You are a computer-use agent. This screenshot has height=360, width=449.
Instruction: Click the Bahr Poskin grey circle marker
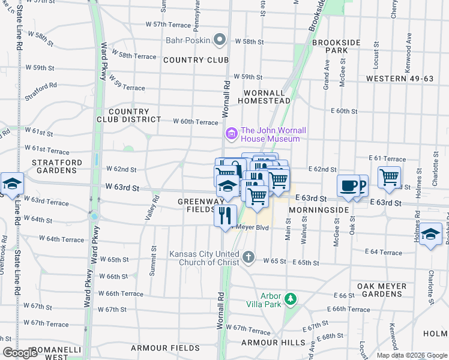click(x=220, y=41)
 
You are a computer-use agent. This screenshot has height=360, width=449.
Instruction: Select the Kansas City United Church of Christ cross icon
click(x=249, y=258)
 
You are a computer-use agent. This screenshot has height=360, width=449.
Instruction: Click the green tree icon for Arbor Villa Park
click(x=291, y=298)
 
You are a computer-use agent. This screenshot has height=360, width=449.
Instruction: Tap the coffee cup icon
click(x=348, y=186)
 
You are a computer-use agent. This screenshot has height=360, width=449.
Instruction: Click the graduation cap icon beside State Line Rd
click(x=11, y=184)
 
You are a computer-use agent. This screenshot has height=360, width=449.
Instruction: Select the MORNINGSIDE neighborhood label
click(x=318, y=211)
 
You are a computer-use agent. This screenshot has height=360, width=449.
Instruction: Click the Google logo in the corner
click(x=20, y=353)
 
